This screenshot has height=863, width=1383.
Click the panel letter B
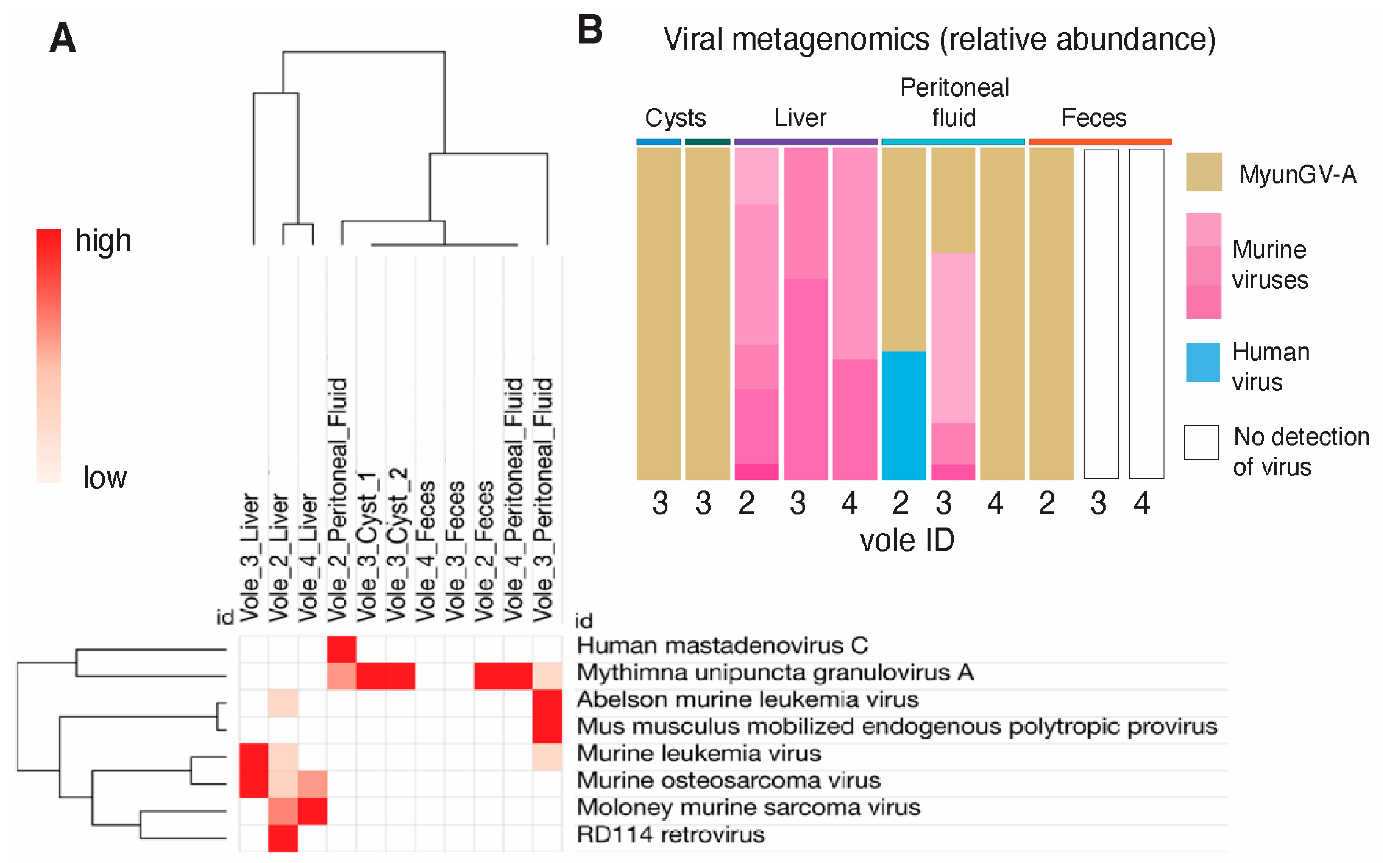tap(590, 30)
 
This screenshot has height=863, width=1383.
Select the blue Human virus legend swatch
tap(1203, 363)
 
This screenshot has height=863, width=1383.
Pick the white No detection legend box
tap(1201, 443)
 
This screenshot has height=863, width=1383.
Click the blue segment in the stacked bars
tap(904, 415)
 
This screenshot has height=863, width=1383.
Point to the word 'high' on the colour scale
tap(104, 240)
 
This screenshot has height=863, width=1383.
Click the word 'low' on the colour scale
tap(105, 477)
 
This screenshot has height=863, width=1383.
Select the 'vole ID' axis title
tap(907, 540)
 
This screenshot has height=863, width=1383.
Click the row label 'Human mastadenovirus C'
tap(722, 645)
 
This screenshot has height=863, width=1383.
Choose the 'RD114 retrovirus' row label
tap(670, 834)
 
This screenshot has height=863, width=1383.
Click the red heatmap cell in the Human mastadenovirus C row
tap(341, 649)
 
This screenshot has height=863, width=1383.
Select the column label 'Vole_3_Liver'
tap(250, 557)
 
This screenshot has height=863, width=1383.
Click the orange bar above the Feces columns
tap(1100, 142)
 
